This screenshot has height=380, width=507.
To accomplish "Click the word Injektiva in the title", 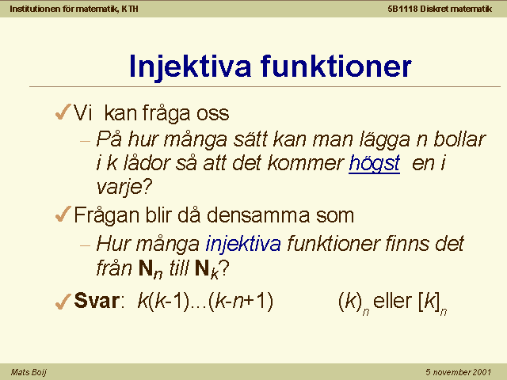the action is [x=190, y=66].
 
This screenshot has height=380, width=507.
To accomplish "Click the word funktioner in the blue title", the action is [x=336, y=66].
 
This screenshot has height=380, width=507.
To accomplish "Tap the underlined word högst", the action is [x=375, y=164].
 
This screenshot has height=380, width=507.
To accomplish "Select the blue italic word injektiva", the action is [x=243, y=245].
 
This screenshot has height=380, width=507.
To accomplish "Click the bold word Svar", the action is [x=97, y=301].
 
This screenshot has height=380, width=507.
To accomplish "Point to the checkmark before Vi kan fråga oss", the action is [x=63, y=112].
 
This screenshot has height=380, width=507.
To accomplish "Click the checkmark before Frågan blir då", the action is [x=63, y=214].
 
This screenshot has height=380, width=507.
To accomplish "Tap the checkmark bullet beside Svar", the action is [x=63, y=301].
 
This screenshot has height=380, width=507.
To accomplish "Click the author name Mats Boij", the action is [x=29, y=372].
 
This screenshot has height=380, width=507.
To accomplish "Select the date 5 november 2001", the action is [x=458, y=372].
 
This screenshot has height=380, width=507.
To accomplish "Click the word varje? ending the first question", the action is [x=124, y=188].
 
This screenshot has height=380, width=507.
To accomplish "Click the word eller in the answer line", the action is [x=393, y=301].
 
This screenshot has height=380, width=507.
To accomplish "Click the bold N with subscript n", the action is [x=151, y=269].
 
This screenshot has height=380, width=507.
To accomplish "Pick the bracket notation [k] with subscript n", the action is [x=433, y=303].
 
